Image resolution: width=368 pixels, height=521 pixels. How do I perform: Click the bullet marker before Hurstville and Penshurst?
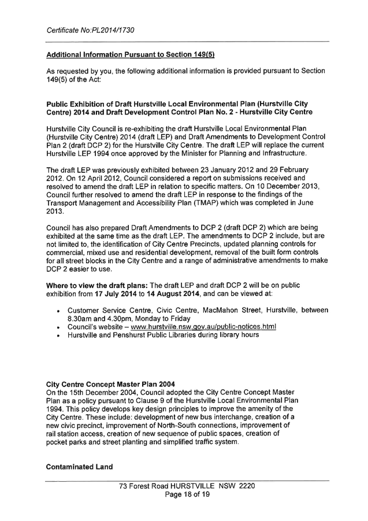click(60, 335)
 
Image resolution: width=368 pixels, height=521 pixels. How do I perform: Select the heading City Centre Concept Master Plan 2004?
click(110, 384)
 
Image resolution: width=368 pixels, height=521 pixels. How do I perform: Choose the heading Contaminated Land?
click(80, 467)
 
